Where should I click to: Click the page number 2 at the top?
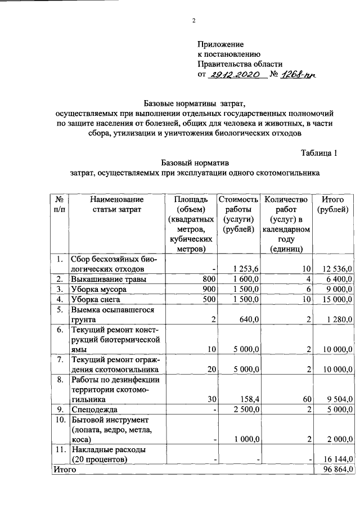[194, 22]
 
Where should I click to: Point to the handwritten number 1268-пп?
[299, 75]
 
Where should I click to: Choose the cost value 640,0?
[248, 319]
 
